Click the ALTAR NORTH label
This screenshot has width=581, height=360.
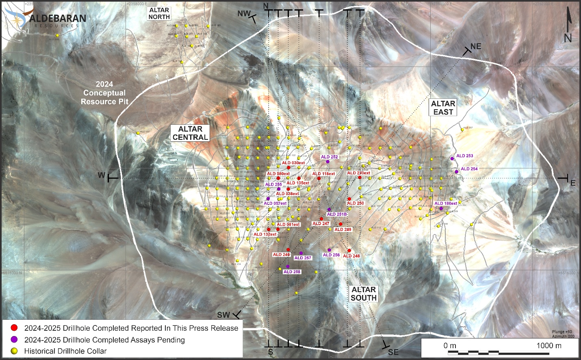point(159,13)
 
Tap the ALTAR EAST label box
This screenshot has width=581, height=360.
point(443,108)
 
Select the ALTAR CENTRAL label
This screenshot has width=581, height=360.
point(190,133)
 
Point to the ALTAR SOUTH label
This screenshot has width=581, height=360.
point(364,293)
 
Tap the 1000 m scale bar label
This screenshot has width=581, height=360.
point(548,345)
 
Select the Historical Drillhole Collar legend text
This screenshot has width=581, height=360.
point(65,351)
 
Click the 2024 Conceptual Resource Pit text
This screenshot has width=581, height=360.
point(104,93)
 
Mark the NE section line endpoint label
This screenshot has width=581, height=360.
point(475,47)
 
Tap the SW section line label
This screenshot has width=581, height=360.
point(223,315)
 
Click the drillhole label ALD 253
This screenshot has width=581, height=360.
point(464,156)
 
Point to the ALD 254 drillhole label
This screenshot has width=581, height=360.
point(469,169)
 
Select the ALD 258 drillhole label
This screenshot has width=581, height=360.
point(292,272)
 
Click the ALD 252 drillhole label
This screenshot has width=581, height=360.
point(329,157)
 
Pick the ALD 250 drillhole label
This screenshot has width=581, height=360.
point(356,203)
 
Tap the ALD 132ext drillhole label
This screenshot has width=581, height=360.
point(265,234)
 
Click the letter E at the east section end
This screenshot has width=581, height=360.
point(573,183)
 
